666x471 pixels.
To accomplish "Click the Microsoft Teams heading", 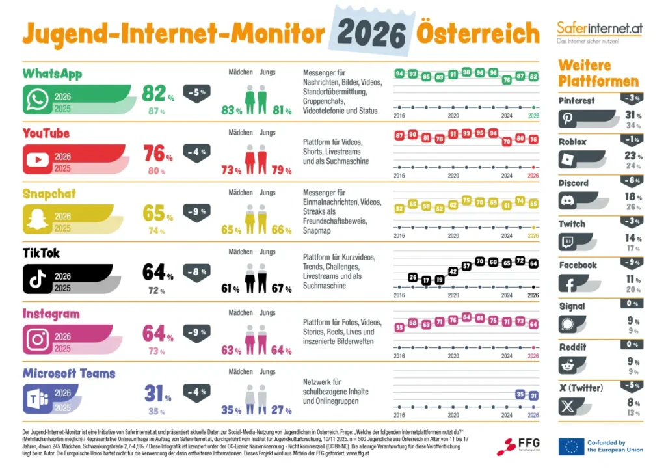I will pos(69,373).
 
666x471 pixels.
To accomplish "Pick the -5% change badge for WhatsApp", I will pos(197,92).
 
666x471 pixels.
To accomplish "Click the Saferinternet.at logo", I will pos(599,29).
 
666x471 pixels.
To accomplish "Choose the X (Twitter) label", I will pos(581,388).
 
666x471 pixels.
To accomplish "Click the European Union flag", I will pos(570,447).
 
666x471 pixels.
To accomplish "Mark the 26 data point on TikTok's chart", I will pos(412,278).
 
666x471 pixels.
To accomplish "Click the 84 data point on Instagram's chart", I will pos(466,317).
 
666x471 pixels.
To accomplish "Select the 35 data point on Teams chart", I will pos(520,394).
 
